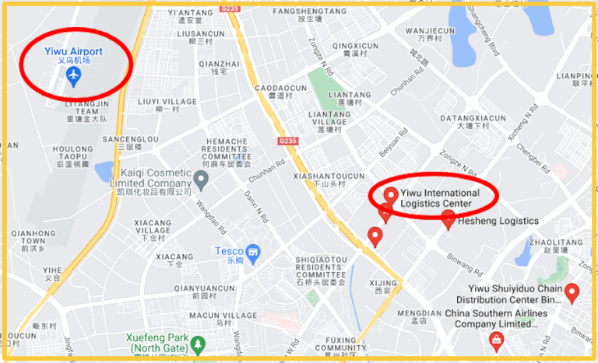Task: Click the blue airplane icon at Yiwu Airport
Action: click(73, 75)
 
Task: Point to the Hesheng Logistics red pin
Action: click(448, 220)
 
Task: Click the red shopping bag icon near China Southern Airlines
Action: click(495, 339)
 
